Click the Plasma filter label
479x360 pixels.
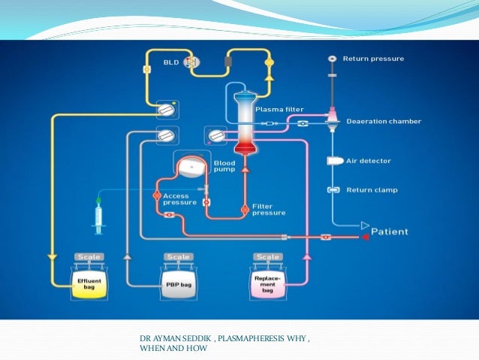coord(279,108)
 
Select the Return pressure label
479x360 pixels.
coord(373,58)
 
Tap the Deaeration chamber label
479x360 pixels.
coord(382,120)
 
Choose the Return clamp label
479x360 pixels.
coord(371,189)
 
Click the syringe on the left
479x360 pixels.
coord(98,216)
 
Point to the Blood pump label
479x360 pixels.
coord(224,166)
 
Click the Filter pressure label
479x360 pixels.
coord(269,209)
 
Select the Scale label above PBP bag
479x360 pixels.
coord(179,257)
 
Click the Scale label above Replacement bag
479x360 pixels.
coord(268,257)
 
